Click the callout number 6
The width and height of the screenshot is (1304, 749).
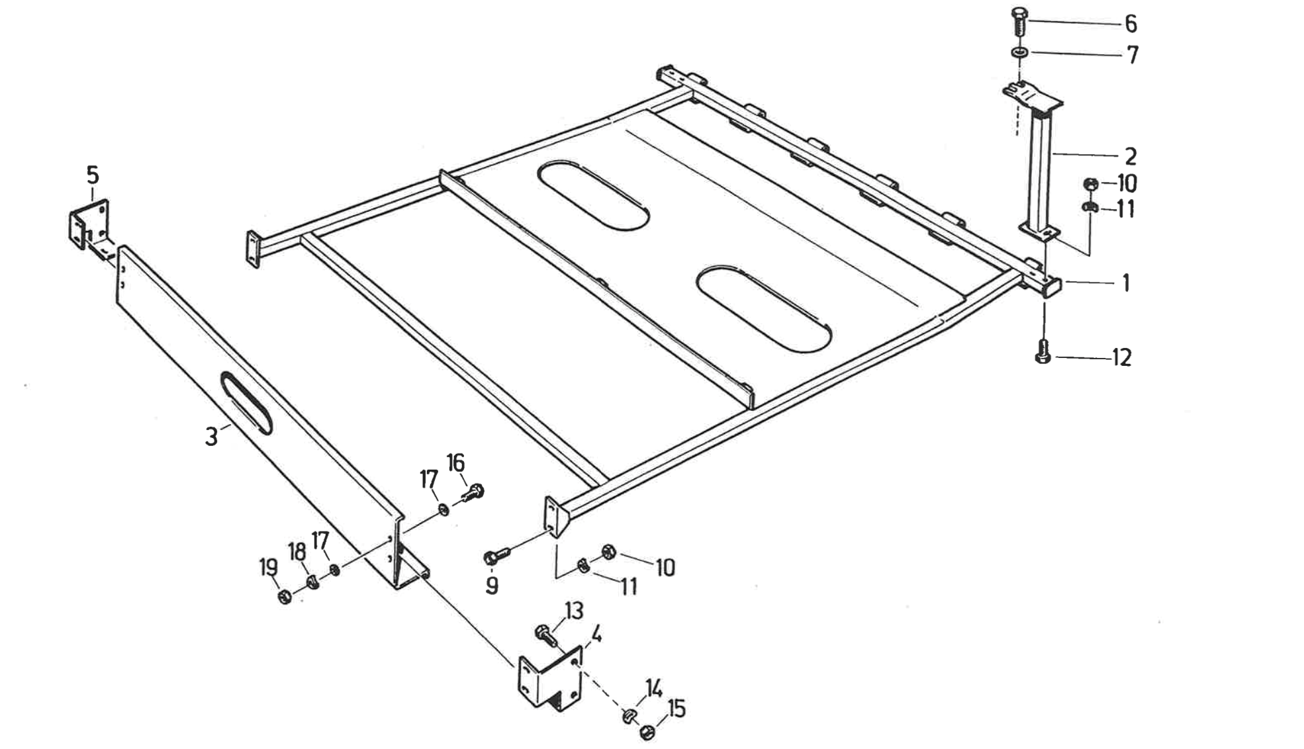pyautogui.click(x=1131, y=24)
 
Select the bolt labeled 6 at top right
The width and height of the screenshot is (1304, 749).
pyautogui.click(x=1019, y=23)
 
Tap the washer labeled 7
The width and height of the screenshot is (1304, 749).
pyautogui.click(x=1019, y=52)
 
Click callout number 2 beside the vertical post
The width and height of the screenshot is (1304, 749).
pyautogui.click(x=1131, y=156)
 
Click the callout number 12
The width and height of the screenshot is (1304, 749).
pyautogui.click(x=1121, y=358)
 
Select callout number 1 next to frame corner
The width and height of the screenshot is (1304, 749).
pyautogui.click(x=1125, y=283)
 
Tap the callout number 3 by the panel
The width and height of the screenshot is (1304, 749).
pyautogui.click(x=211, y=437)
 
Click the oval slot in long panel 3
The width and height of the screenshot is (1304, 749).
pyautogui.click(x=246, y=402)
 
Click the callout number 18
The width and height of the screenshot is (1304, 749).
pyautogui.click(x=296, y=551)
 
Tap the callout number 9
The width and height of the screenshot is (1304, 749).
pyautogui.click(x=492, y=586)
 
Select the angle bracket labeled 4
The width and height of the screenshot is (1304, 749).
pyautogui.click(x=549, y=682)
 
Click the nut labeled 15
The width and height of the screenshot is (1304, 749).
pyautogui.click(x=648, y=732)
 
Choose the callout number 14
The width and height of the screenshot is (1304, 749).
pyautogui.click(x=654, y=690)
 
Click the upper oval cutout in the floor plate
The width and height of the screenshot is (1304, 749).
pyautogui.click(x=592, y=195)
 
